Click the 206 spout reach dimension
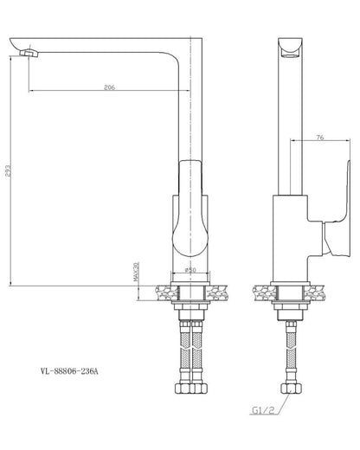pyautogui.click(x=109, y=87)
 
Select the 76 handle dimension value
pyautogui.click(x=320, y=138)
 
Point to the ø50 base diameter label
pyautogui.click(x=190, y=270)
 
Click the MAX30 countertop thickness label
pyautogui.click(x=136, y=272)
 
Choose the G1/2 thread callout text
pyautogui.click(x=263, y=410)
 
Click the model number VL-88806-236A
pyautogui.click(x=69, y=371)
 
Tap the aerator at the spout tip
pyautogui.click(x=29, y=53)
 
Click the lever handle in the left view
pyautogui.click(x=190, y=209)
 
